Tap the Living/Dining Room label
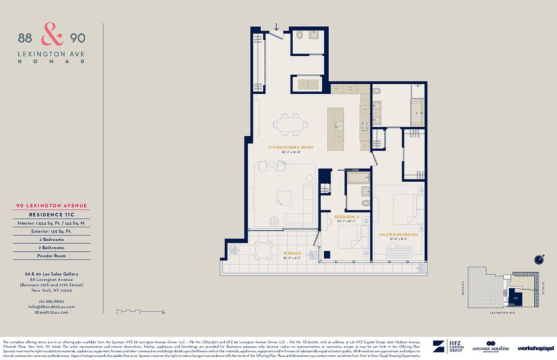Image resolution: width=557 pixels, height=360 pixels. click(291, 148)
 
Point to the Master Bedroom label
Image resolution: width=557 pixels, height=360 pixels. click(398, 235)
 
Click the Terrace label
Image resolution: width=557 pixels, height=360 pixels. click(292, 253)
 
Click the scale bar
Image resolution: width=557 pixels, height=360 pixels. click(140, 311)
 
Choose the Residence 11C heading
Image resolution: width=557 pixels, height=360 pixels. click(51, 215)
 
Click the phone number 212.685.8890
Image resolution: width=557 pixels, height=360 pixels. click(51, 301)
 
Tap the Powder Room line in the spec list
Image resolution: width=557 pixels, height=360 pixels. click(51, 256)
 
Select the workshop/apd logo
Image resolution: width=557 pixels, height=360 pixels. click(535, 348)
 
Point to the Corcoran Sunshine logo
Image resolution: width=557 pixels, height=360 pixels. click(491, 347)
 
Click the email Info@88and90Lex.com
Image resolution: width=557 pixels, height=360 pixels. click(51, 306)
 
